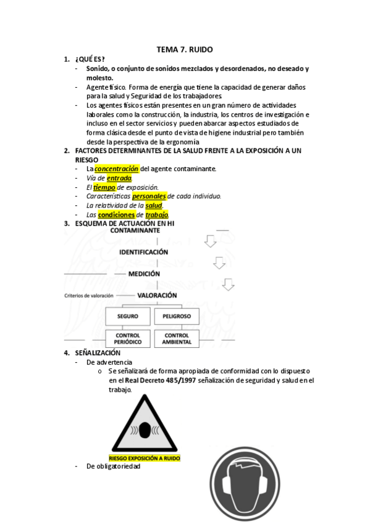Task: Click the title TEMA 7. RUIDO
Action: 185,49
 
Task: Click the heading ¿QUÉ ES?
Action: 90,59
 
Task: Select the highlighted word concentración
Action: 116,169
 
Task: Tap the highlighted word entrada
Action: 119,178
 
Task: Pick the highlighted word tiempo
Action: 104,187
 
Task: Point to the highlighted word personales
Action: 149,196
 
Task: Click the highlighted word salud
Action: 153,205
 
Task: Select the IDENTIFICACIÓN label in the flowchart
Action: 143,252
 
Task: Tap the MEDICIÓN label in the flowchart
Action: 144,273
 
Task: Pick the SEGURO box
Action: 128,316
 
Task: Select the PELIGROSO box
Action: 176,316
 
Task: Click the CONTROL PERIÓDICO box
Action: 128,339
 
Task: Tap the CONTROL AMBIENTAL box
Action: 176,339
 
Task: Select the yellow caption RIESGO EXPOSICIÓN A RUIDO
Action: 145,459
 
